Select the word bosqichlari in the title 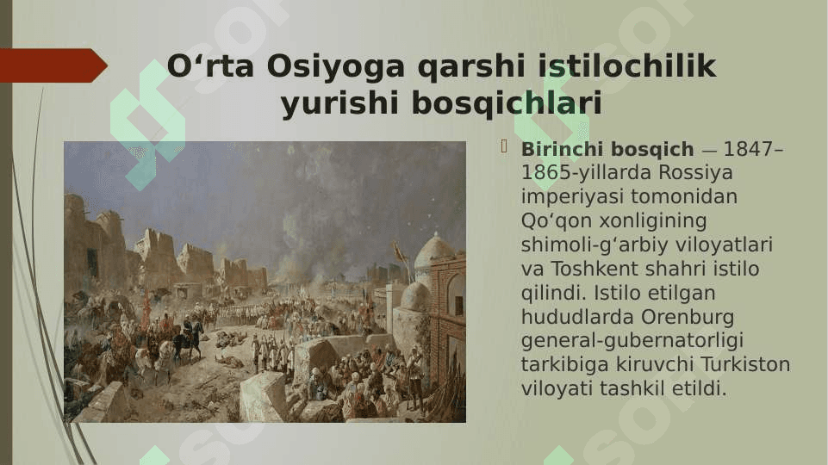[x=507, y=103]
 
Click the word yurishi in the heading [x=339, y=104]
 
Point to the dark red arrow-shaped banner [x=53, y=65]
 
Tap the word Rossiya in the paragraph [x=695, y=172]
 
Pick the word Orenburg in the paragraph [x=688, y=318]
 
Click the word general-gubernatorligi [x=632, y=341]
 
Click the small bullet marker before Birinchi [x=504, y=147]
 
